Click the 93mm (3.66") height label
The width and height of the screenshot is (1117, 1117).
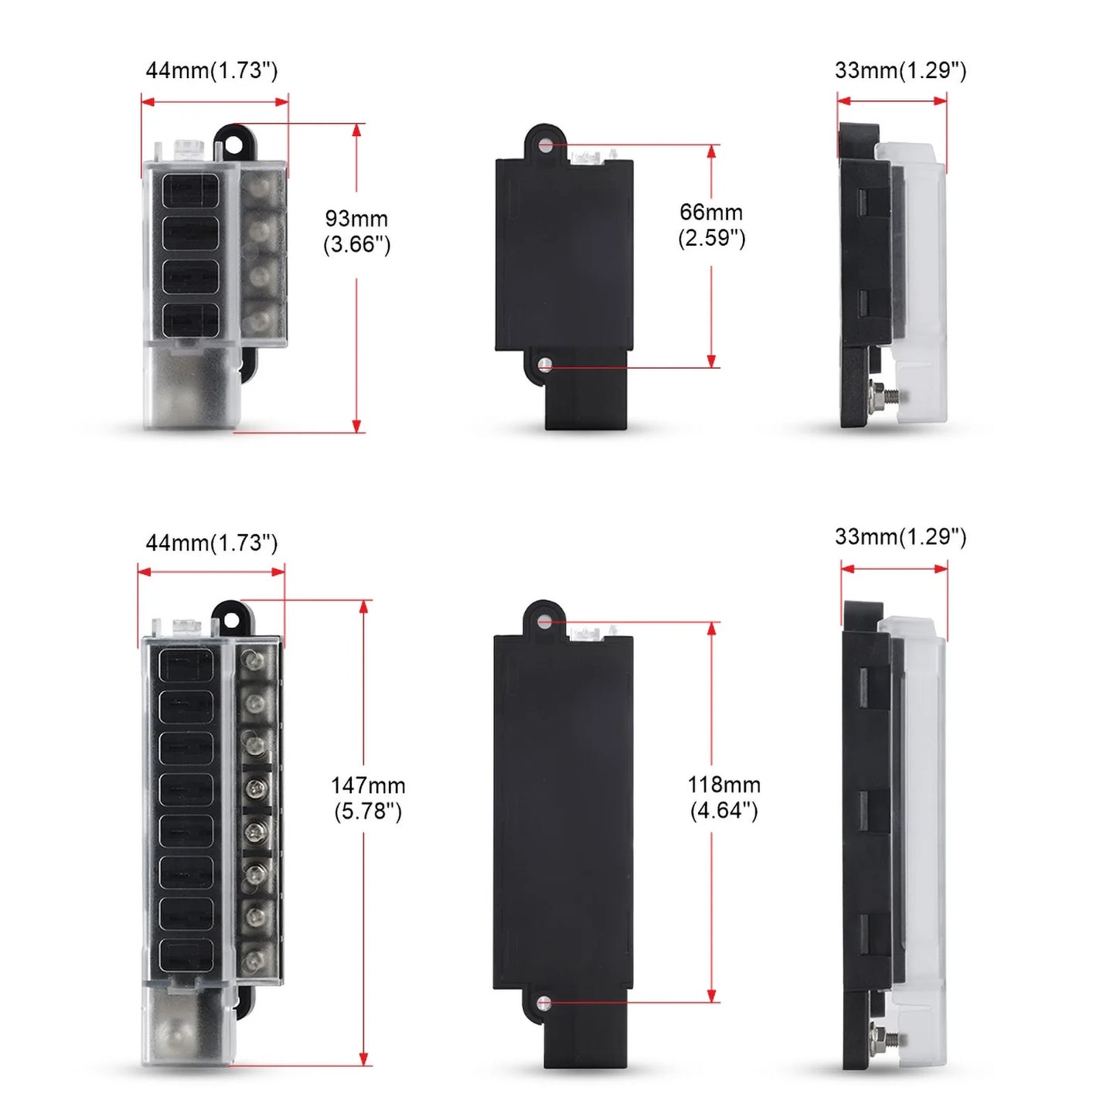tap(356, 231)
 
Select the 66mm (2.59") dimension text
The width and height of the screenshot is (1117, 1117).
tap(711, 225)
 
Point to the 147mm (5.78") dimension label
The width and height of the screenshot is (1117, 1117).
tap(368, 798)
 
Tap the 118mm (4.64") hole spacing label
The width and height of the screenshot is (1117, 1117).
tap(724, 797)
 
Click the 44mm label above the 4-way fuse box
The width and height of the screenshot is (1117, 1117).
tap(211, 70)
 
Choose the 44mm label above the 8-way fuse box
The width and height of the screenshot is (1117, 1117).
tap(211, 543)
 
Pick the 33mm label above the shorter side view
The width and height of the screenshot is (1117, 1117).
tap(900, 70)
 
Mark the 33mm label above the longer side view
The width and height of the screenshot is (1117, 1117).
tap(900, 536)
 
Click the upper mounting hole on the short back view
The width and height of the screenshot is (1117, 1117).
tap(546, 145)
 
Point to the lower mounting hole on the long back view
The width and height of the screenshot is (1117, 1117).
tap(544, 1003)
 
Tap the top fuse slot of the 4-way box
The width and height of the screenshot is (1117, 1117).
tap(190, 190)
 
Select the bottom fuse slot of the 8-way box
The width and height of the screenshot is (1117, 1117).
tap(186, 955)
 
